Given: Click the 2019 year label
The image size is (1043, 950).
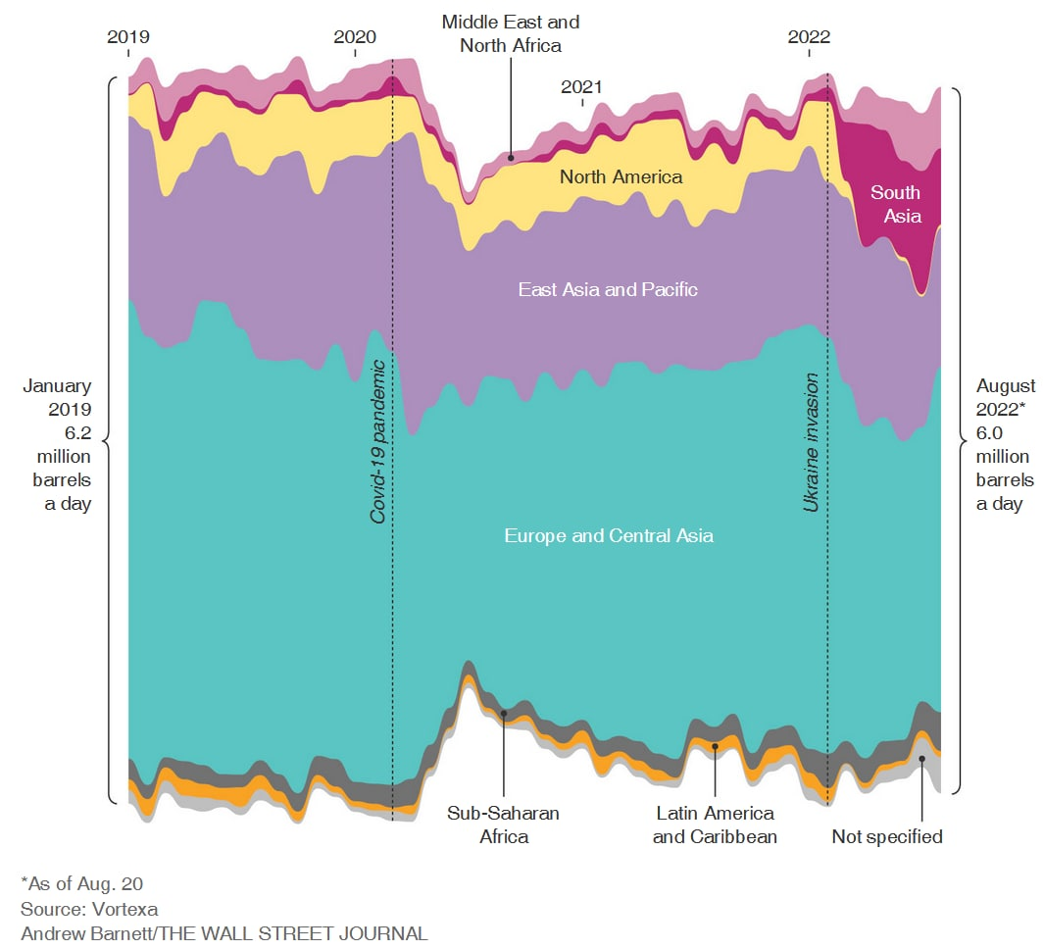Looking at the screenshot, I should tap(128, 37).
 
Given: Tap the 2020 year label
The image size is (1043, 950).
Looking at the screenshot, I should tap(355, 37).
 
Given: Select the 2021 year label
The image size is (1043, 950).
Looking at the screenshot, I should tap(582, 86).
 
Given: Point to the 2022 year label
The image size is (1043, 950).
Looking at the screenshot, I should tap(809, 37).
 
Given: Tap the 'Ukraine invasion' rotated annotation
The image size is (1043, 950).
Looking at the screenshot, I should tap(812, 428).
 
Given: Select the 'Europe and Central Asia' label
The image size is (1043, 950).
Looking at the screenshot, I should tap(609, 536).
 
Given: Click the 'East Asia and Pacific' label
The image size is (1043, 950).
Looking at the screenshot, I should tap(608, 290).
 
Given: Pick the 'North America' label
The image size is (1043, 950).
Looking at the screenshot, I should tap(621, 177).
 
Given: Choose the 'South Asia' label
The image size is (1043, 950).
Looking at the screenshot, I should tap(896, 204).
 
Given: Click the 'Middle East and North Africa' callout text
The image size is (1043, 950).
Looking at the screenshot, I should tap(511, 32).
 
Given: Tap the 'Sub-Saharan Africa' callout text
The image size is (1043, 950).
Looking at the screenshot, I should tap(504, 825).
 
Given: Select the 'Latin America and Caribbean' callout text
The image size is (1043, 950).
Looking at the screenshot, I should tap(715, 825).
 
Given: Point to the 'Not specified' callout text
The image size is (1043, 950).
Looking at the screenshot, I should tap(887, 836).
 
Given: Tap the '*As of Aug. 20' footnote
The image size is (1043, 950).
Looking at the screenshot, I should tap(81, 883).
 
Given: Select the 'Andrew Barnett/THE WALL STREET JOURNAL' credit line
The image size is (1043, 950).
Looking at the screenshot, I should tap(224, 933).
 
